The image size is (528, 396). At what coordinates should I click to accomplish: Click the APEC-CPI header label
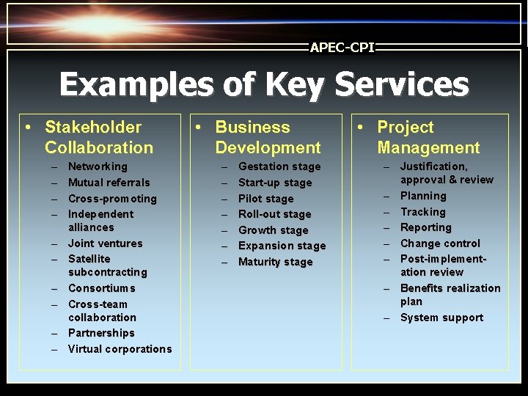342,48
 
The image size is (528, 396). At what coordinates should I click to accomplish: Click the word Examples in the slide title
133,84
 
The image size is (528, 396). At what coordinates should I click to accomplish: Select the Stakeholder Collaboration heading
99,137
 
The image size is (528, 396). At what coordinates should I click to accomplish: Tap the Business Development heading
268,137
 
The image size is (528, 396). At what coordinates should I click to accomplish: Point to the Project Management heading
428,137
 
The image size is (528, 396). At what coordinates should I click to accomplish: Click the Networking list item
98,166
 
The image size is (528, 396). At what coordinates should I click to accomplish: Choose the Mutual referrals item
109,183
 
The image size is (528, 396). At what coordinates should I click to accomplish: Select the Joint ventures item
105,243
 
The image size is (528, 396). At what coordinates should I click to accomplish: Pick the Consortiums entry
101,288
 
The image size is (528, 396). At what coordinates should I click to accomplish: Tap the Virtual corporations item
120,349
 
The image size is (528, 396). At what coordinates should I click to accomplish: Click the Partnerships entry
101,333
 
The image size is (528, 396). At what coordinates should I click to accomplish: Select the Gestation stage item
279,166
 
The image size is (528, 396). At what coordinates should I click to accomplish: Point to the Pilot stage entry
265,199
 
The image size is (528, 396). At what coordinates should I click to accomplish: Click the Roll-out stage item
274,214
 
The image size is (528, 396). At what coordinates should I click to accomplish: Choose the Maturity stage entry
275,262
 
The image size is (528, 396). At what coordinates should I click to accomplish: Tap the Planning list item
423,196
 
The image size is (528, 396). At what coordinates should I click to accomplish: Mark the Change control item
440,243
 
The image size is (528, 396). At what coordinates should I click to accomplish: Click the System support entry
441,318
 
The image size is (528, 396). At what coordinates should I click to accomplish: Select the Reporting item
425,227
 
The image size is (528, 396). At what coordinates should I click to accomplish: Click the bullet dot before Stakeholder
28,128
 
